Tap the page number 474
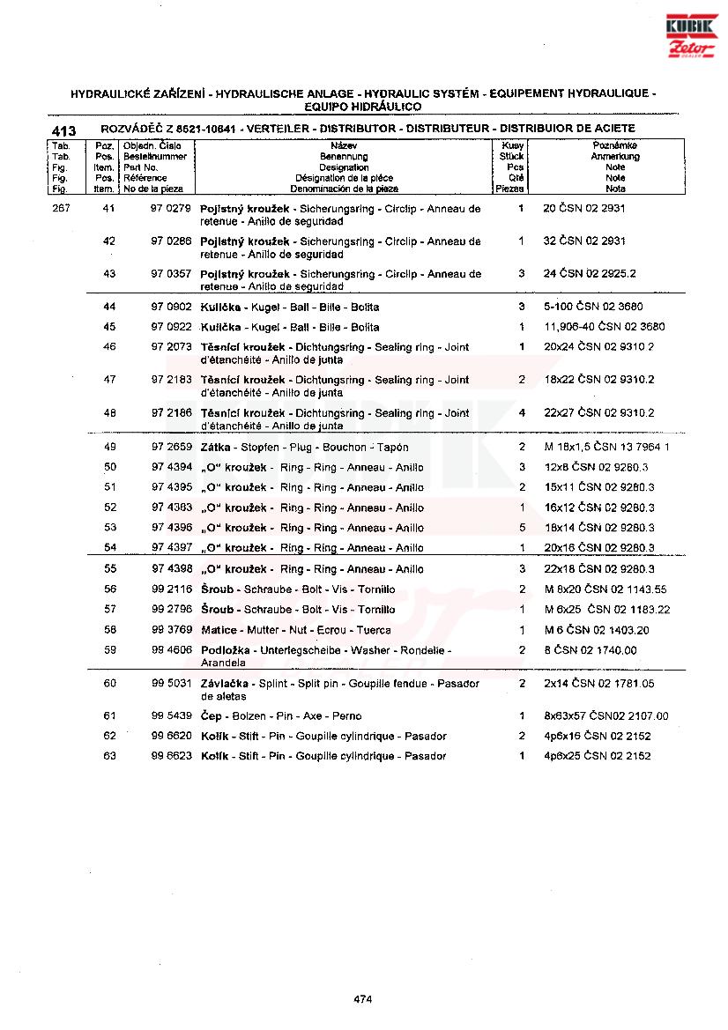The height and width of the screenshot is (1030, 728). click(x=362, y=999)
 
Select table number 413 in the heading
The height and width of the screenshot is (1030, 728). click(x=64, y=130)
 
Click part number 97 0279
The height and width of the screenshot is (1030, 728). click(x=171, y=209)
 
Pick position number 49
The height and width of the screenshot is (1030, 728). click(x=110, y=447)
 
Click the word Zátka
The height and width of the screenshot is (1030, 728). click(x=216, y=447)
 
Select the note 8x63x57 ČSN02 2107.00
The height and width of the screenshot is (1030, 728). click(x=606, y=716)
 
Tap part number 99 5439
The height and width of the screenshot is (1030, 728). click(x=171, y=716)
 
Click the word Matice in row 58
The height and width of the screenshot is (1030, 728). click(x=219, y=630)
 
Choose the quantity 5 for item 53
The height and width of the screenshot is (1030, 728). click(x=522, y=528)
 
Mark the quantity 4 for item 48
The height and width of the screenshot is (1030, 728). click(x=522, y=412)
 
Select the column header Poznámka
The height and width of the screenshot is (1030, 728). click(x=615, y=145)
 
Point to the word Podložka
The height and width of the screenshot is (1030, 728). click(x=226, y=650)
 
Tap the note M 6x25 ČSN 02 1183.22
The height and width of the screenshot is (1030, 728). click(x=607, y=610)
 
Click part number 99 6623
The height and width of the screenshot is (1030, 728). click(x=171, y=756)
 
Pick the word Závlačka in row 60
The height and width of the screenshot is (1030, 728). click(x=227, y=684)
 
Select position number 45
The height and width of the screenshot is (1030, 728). click(x=110, y=327)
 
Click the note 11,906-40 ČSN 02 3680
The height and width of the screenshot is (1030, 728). click(x=604, y=327)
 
